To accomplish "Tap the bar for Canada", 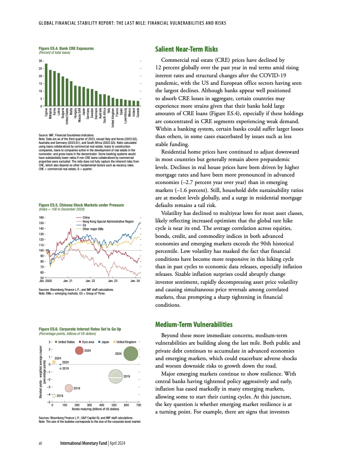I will (x=138, y=103).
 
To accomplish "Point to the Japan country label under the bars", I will (x=84, y=113).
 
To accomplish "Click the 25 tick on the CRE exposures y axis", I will (x=41, y=68).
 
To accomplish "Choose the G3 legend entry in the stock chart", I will (x=84, y=225).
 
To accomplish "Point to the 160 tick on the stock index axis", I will (x=41, y=218).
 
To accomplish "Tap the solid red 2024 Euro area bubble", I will (x=79, y=350).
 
